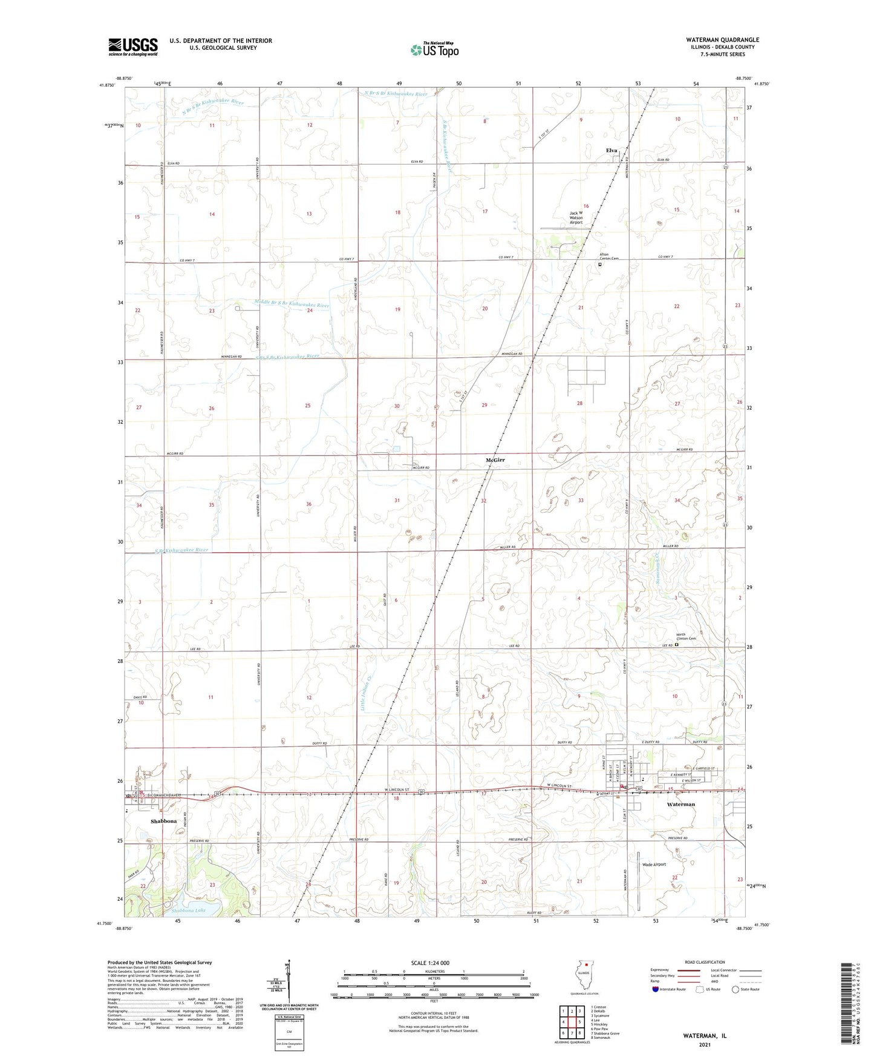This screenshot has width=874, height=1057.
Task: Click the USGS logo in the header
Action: click(132, 47)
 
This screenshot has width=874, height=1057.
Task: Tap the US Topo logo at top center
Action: click(434, 49)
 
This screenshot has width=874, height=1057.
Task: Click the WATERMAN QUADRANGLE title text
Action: click(714, 40)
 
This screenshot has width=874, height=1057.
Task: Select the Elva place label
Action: click(611, 150)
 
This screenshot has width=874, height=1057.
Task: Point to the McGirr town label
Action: click(495, 461)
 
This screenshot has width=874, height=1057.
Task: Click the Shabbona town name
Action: click(163, 821)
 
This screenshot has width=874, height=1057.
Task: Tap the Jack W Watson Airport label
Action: click(576, 217)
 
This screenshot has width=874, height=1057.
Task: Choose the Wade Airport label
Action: click(654, 864)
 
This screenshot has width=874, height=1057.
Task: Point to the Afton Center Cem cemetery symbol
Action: click(600, 265)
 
